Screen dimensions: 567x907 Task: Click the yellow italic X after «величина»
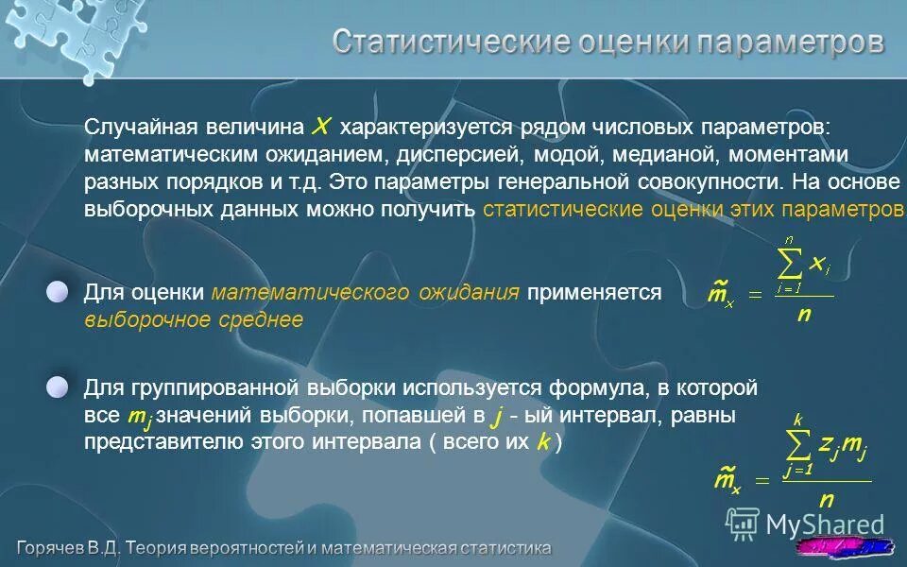coord(322,127)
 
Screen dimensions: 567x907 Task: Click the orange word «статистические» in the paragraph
coord(563,209)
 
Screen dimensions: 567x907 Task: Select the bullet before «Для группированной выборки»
coord(59,387)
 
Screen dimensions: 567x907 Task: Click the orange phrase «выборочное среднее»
coord(194,320)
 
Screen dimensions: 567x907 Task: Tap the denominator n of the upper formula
coord(804,315)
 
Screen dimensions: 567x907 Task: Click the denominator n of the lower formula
coord(826,500)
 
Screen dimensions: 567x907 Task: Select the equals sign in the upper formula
coord(755,295)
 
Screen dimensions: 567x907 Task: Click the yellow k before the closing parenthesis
coord(543,442)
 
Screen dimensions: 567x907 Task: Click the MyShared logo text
coord(825,524)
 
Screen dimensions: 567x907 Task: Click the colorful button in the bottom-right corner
coord(846,546)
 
